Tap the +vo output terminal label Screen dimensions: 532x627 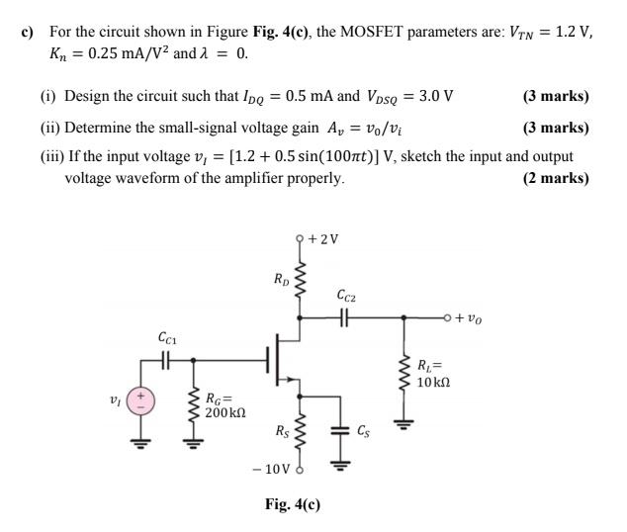(x=467, y=319)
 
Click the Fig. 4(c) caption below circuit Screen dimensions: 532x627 (x=293, y=504)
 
